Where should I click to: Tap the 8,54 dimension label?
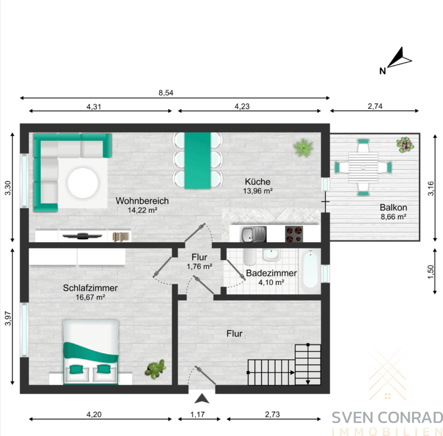point(166,93)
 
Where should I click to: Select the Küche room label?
point(257,182)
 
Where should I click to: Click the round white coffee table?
point(83,183)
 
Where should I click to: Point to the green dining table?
point(197,160)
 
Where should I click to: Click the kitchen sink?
point(253,234)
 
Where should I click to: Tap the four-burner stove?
point(294,234)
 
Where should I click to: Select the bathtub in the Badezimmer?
point(310,271)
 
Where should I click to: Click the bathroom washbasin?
point(271,255)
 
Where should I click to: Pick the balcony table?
point(363,167)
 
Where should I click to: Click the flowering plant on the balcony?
point(405,145)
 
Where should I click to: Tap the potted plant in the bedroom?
point(155,369)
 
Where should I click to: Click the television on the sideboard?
point(82,236)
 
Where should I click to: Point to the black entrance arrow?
point(202,398)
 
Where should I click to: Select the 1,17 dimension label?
point(197,414)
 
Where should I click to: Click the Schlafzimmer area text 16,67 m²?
point(91,297)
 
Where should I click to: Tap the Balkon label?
point(393,207)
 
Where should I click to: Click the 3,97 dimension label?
point(8,318)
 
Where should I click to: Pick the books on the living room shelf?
point(121,237)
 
